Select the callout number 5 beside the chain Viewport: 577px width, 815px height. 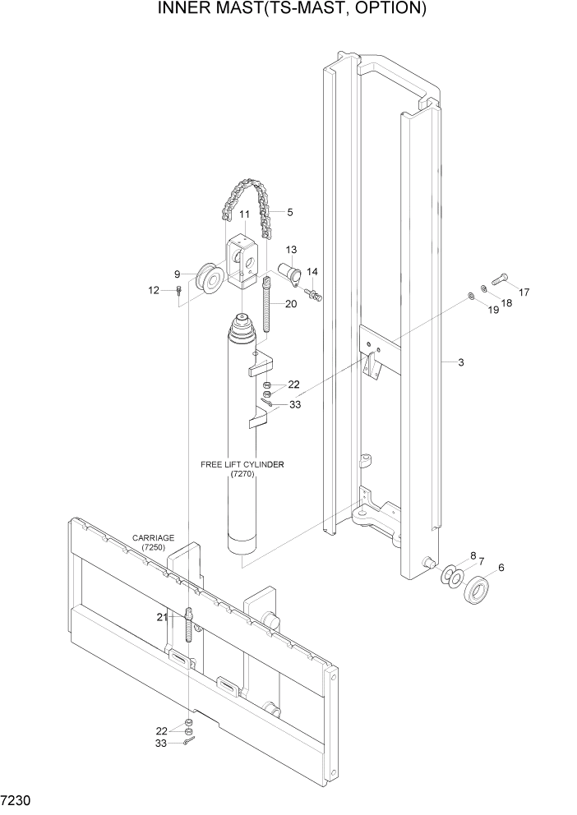tap(289, 212)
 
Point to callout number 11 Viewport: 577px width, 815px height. tap(244, 215)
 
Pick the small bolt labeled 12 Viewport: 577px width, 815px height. tap(178, 291)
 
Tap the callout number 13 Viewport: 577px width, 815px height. tap(291, 250)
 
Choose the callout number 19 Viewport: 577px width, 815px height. tap(493, 311)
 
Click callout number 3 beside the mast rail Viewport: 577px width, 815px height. tap(461, 362)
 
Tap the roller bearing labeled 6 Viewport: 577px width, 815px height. tap(478, 590)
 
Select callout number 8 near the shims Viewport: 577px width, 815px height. tap(473, 556)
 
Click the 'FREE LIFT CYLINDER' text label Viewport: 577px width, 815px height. tap(242, 464)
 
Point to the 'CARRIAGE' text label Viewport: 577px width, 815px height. tap(152, 538)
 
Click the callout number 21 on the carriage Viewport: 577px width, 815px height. tap(161, 617)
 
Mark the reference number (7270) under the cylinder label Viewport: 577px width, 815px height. tap(242, 475)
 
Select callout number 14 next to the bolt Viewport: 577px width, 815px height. tap(312, 272)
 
